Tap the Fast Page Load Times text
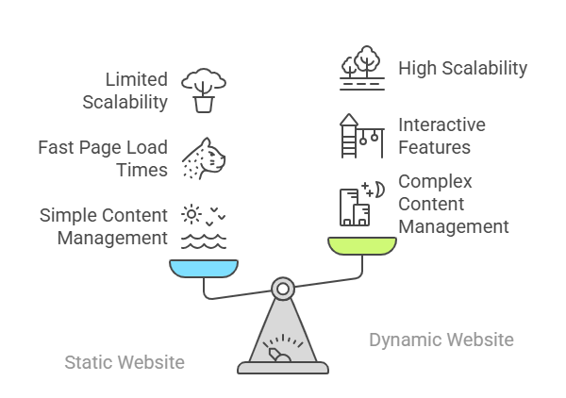[103, 158]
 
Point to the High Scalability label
[462, 68]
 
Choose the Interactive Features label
[441, 136]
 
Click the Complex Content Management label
[454, 204]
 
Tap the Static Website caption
[125, 362]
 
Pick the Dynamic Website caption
[441, 340]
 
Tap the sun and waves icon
[203, 226]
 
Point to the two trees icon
[362, 67]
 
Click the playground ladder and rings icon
[362, 136]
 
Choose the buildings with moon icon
[359, 203]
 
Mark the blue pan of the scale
[204, 268]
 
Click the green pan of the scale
[362, 245]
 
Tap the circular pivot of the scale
[282, 288]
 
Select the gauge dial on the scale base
[282, 350]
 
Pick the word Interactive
[441, 125]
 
